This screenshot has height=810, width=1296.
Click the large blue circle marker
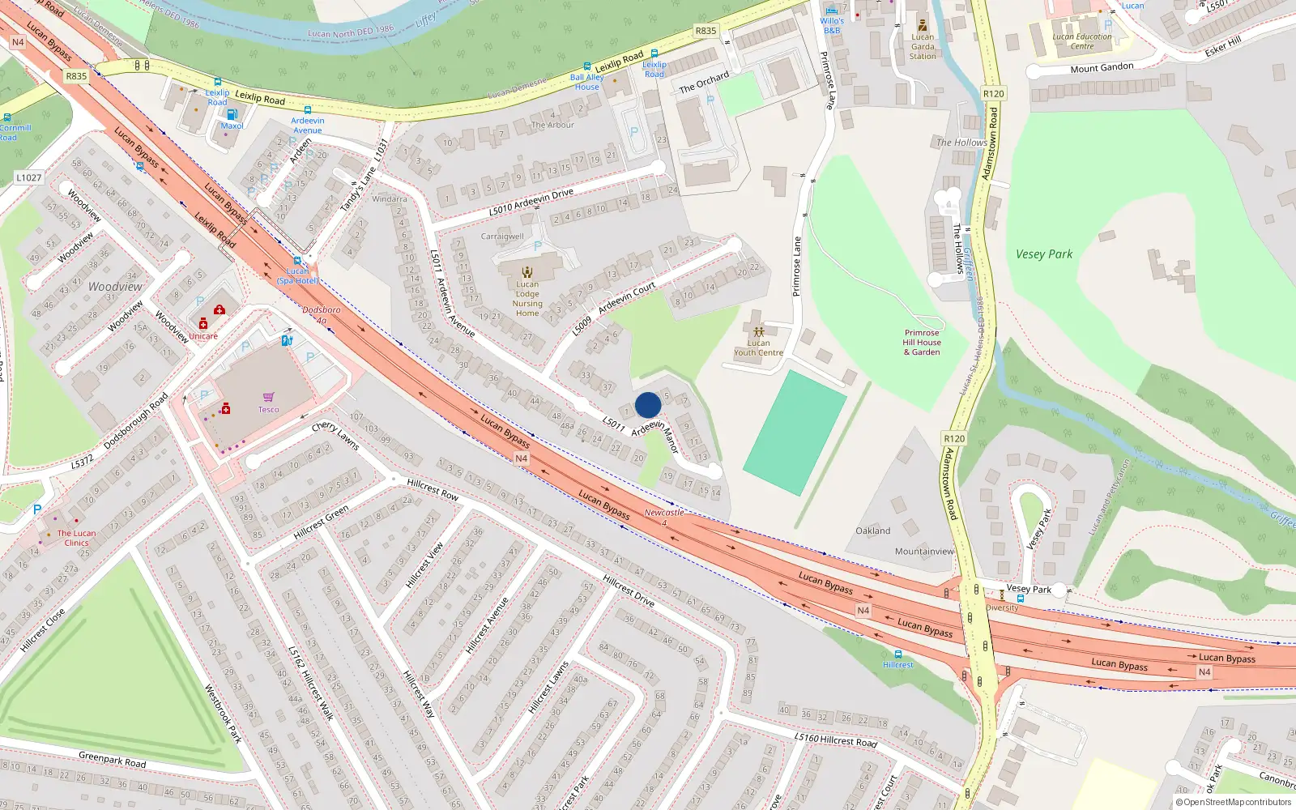pyautogui.click(x=648, y=405)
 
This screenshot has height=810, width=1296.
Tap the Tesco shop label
pyautogui.click(x=268, y=409)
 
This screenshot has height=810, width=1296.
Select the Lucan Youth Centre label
pyautogui.click(x=758, y=347)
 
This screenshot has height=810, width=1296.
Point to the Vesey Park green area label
pyautogui.click(x=1044, y=254)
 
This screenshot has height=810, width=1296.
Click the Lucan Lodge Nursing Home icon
pyautogui.click(x=527, y=272)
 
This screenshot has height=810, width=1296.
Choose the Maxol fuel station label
pyautogui.click(x=232, y=126)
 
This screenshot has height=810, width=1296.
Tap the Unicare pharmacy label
pyautogui.click(x=203, y=336)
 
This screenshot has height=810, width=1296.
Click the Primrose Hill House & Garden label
pyautogui.click(x=922, y=342)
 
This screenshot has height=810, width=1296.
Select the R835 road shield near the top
pyautogui.click(x=706, y=31)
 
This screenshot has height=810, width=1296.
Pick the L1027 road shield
pyautogui.click(x=28, y=177)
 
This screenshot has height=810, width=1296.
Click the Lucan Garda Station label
pyautogui.click(x=923, y=46)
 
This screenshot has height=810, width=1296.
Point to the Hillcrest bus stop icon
pyautogui.click(x=897, y=654)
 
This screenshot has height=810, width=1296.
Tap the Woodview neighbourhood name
pyautogui.click(x=115, y=287)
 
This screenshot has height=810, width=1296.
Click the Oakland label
pyautogui.click(x=872, y=531)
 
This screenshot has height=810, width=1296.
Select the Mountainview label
pyautogui.click(x=924, y=552)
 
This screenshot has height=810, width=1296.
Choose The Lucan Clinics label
pyautogui.click(x=76, y=538)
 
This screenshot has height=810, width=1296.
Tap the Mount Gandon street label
pyautogui.click(x=1102, y=68)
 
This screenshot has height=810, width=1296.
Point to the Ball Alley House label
pyautogui.click(x=586, y=82)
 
